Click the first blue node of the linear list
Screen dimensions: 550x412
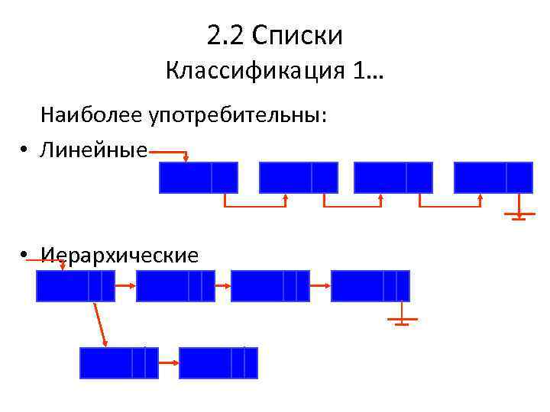pos(198,177)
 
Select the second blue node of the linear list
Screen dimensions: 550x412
pos(298,177)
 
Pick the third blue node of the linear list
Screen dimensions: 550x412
pos(393,177)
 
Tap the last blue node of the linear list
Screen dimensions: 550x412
pos(493,177)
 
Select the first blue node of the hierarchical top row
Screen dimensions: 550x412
pos(75,286)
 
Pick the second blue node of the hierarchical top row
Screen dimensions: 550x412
pos(174,286)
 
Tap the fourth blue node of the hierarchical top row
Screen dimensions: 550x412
pos(370,286)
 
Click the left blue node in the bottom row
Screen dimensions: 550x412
pos(118,362)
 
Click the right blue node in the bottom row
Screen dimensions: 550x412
pos(218,362)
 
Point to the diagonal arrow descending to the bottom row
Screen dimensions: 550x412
pos(100,323)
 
